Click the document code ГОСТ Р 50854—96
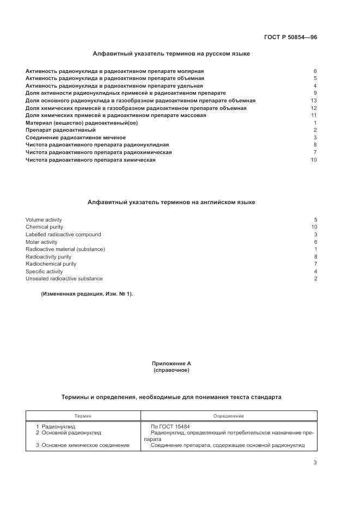pyautogui.click(x=290, y=38)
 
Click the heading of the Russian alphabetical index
pyautogui.click(x=172, y=54)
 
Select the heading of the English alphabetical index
pyautogui.click(x=172, y=202)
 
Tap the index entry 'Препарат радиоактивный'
pyautogui.click(x=60, y=130)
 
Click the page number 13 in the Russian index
pyautogui.click(x=314, y=101)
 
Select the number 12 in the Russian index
pyautogui.click(x=314, y=108)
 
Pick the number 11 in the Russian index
pyautogui.click(x=314, y=115)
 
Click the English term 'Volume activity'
pyautogui.click(x=44, y=220)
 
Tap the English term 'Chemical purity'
pyautogui.click(x=44, y=227)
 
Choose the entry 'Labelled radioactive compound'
pyautogui.click(x=63, y=235)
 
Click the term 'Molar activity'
pyautogui.click(x=41, y=242)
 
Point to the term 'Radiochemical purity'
pyautogui.click(x=51, y=264)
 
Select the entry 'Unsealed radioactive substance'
pyautogui.click(x=64, y=279)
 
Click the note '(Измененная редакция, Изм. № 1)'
pyautogui.click(x=87, y=294)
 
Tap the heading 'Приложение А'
pyautogui.click(x=172, y=363)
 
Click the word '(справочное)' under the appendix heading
pyautogui.click(x=172, y=370)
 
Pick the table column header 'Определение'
pyautogui.click(x=229, y=416)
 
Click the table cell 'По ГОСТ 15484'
pyautogui.click(x=170, y=427)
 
